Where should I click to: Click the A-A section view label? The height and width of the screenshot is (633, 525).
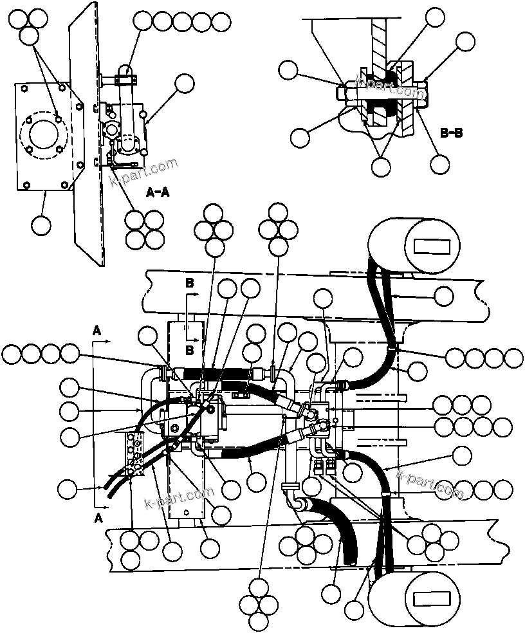[158, 192]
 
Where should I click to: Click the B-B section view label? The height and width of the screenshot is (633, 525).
[451, 133]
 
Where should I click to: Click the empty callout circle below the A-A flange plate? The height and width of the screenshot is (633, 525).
[41, 225]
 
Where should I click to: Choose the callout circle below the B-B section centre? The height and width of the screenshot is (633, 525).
[382, 167]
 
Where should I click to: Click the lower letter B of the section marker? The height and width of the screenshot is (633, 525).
[189, 349]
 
